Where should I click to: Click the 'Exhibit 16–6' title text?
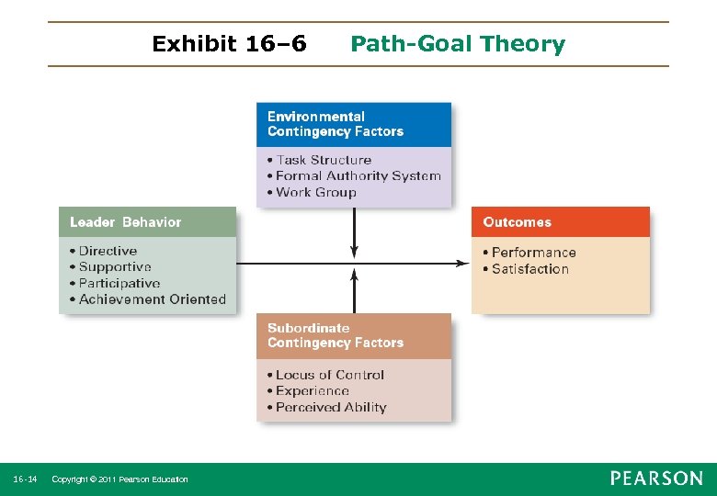[229, 44]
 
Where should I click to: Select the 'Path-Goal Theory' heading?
[458, 44]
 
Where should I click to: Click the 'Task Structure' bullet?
[324, 160]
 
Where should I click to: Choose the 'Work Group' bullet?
[315, 193]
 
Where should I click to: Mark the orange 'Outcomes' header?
[518, 222]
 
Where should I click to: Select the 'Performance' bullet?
[533, 253]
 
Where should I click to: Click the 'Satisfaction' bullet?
[529, 269]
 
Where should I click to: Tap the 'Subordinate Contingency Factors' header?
[336, 335]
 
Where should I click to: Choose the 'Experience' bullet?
[312, 391]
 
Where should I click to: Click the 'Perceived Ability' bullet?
[331, 408]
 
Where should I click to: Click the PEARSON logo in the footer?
[656, 479]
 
